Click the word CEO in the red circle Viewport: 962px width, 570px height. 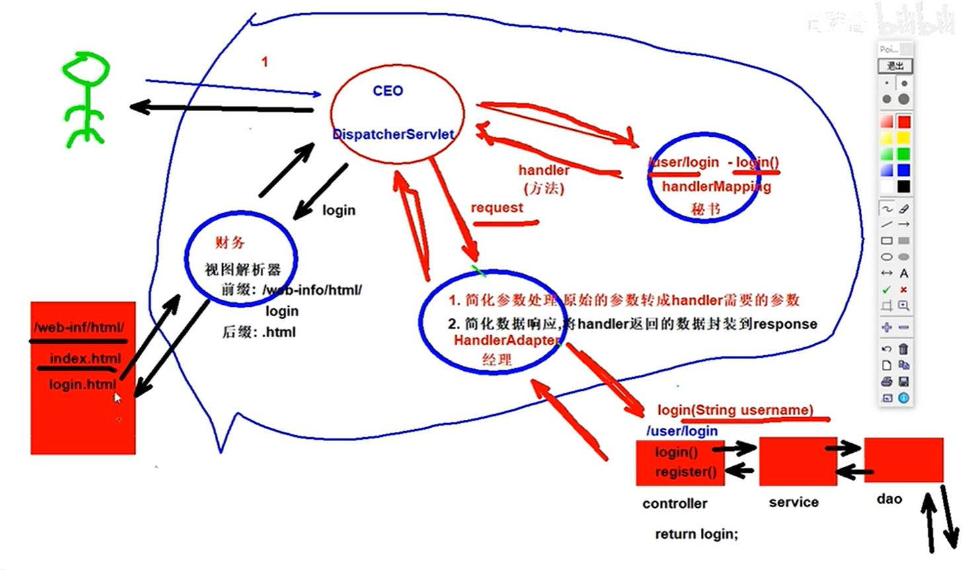pos(387,91)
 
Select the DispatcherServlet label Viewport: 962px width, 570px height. pos(393,134)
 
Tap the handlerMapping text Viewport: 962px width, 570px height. pos(716,186)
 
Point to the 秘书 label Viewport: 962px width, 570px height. pos(705,209)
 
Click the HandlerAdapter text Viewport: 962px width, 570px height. pos(506,341)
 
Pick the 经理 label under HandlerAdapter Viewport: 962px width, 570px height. pos(497,360)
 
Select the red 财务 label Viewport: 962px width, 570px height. pos(229,243)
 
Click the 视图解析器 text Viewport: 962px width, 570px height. pos(243,269)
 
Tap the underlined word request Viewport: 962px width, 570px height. pos(497,208)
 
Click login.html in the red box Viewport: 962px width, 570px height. pos(83,384)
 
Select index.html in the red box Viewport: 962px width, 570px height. pos(85,359)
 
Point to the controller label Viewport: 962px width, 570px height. pos(674,503)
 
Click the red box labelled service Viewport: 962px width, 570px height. pos(797,461)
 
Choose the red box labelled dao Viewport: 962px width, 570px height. pos(903,460)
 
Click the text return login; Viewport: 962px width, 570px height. pos(696,534)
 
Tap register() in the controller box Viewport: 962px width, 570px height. pos(686,472)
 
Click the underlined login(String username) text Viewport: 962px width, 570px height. pos(735,410)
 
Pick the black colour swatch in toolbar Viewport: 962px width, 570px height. pos(903,187)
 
